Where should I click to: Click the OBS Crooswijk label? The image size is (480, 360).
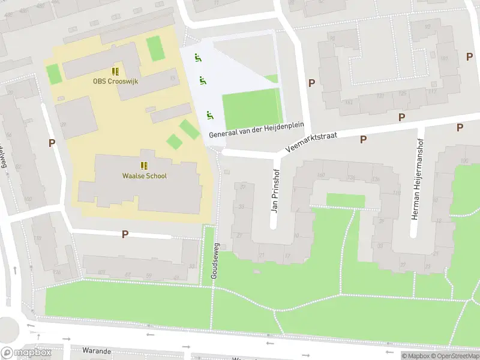[x=115, y=81]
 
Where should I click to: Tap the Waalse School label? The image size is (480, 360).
[x=144, y=176]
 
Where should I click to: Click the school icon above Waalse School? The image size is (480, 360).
[x=144, y=165]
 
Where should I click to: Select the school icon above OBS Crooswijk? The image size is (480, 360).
[x=115, y=71]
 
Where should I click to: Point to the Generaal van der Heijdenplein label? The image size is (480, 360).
[x=257, y=130]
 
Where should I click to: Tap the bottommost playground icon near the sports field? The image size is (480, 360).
[x=209, y=115]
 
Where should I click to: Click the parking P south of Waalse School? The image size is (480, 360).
[x=125, y=234]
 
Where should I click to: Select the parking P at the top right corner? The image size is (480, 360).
[x=469, y=56]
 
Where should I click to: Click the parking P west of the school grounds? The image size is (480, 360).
[x=52, y=143]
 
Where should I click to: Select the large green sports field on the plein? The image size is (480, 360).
[x=251, y=107]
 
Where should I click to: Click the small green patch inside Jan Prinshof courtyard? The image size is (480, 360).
[x=345, y=200]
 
